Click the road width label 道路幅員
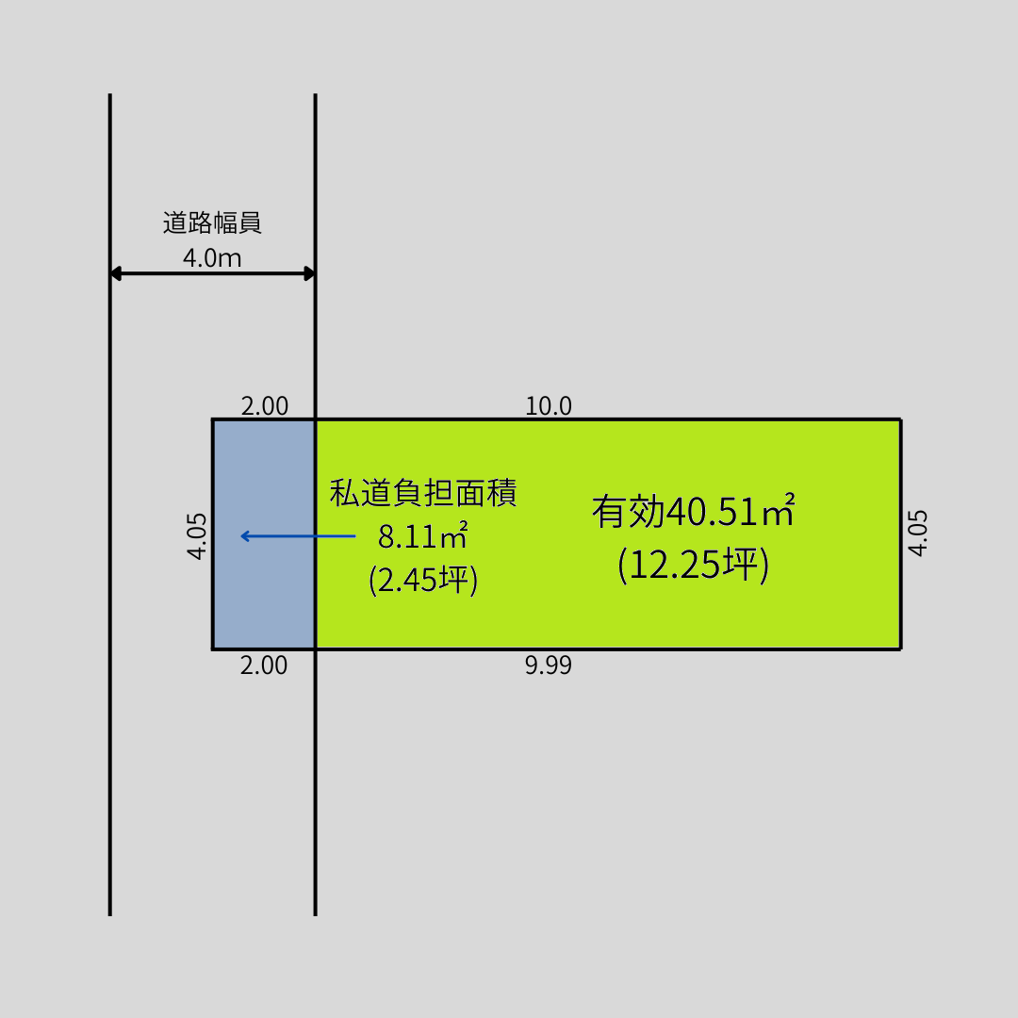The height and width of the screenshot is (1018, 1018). point(212,222)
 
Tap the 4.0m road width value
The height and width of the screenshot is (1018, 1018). point(212,257)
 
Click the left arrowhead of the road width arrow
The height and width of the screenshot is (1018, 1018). point(116,273)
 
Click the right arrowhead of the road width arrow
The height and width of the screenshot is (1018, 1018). point(310,273)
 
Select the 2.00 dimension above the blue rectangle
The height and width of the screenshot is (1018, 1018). point(264,406)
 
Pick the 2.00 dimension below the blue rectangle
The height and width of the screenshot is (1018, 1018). point(264,665)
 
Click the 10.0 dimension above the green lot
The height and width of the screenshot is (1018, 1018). point(549,406)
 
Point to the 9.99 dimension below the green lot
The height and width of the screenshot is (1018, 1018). point(549,665)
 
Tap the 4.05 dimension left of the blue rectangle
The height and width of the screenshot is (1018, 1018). point(197,535)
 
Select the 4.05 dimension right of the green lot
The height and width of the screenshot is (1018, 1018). point(917,533)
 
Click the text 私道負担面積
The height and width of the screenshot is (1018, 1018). point(423,493)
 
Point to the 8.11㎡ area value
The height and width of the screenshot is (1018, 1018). point(423,535)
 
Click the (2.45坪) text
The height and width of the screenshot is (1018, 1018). point(423,579)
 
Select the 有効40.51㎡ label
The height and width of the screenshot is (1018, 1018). point(694,511)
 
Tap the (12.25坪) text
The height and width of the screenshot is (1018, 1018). point(694,564)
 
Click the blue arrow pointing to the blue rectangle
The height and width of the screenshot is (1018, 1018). point(298,536)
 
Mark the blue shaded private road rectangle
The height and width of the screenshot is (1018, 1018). point(264,534)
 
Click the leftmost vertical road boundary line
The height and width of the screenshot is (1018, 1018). point(109,504)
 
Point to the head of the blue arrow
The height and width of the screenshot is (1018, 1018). point(241,536)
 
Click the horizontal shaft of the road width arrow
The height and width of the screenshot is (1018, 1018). point(212,273)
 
